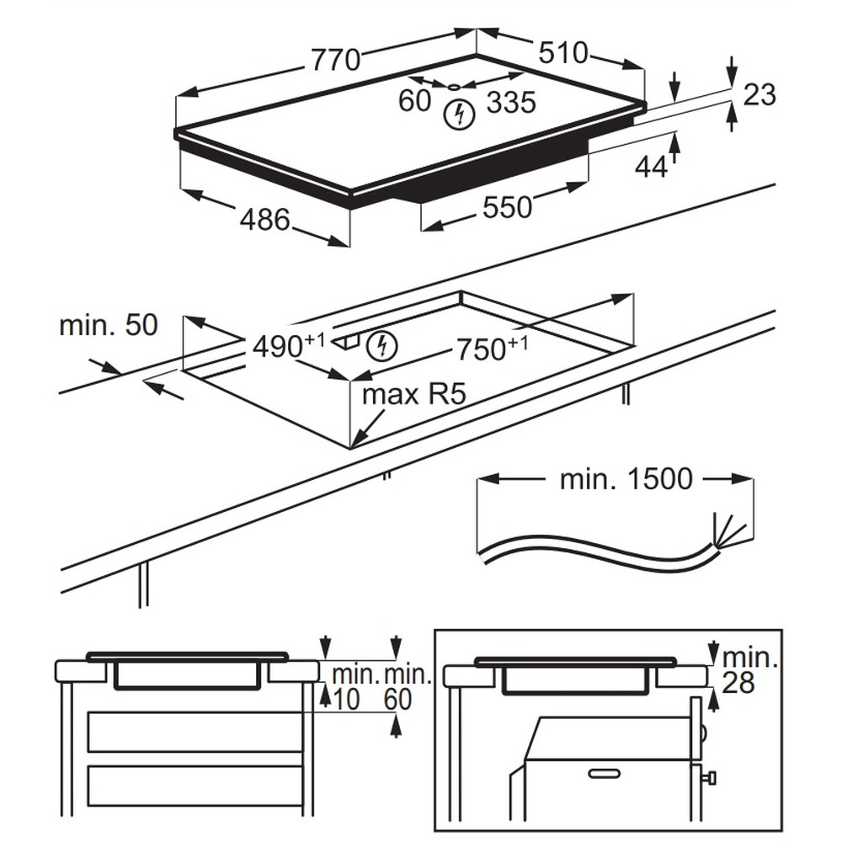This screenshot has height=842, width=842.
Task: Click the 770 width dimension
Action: tap(336, 59)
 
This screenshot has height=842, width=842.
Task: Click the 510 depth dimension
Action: tap(563, 53)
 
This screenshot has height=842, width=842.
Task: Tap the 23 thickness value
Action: tap(759, 95)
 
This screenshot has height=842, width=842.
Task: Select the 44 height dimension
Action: tap(651, 167)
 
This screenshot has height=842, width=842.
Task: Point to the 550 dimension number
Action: tap(507, 207)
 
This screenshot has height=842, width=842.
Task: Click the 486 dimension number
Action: tap(264, 220)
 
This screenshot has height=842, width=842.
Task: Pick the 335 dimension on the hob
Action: tap(511, 102)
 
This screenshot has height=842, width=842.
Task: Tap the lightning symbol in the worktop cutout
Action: tap(381, 346)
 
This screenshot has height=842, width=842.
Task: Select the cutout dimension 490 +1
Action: tap(289, 344)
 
